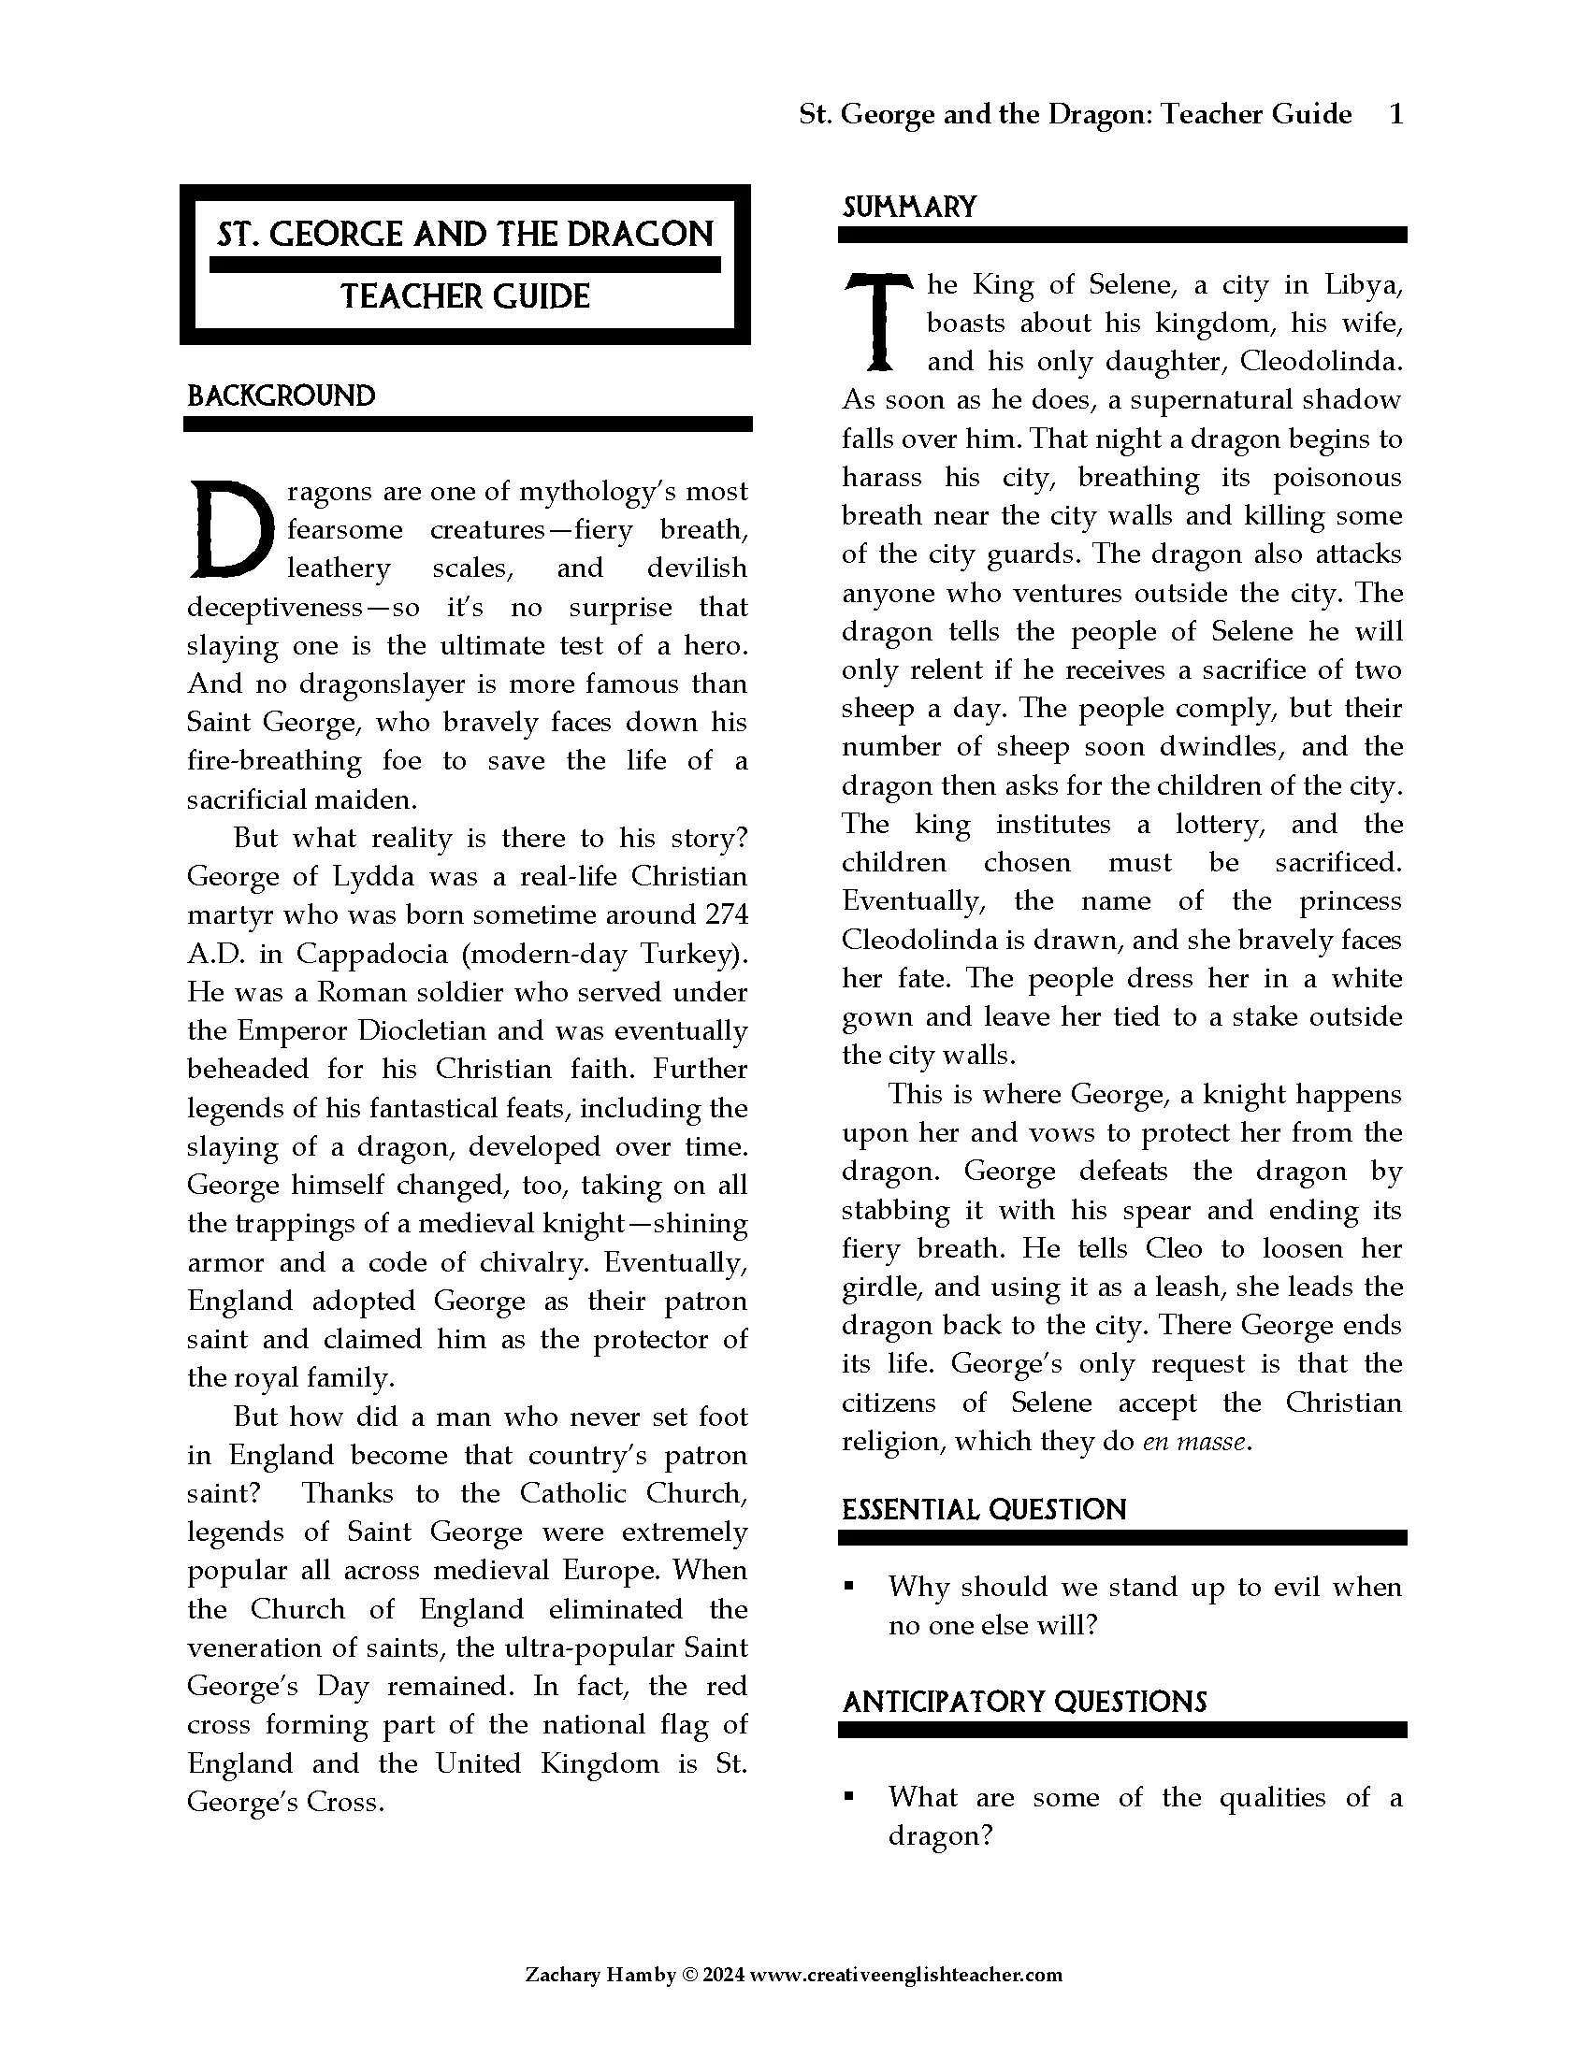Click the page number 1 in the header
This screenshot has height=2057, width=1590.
[x=1396, y=114]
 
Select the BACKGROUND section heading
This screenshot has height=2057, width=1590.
[x=281, y=396]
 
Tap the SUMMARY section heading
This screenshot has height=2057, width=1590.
[x=909, y=208]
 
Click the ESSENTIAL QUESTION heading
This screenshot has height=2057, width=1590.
[x=983, y=1510]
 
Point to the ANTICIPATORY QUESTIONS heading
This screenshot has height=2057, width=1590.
[x=1024, y=1702]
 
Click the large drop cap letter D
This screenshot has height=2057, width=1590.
[x=231, y=530]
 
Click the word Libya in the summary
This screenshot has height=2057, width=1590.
[x=1363, y=283]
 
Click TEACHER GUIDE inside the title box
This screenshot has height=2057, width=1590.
[x=465, y=296]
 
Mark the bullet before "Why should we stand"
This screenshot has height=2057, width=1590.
[x=848, y=1587]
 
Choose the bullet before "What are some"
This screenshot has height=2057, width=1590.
[x=848, y=1797]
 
